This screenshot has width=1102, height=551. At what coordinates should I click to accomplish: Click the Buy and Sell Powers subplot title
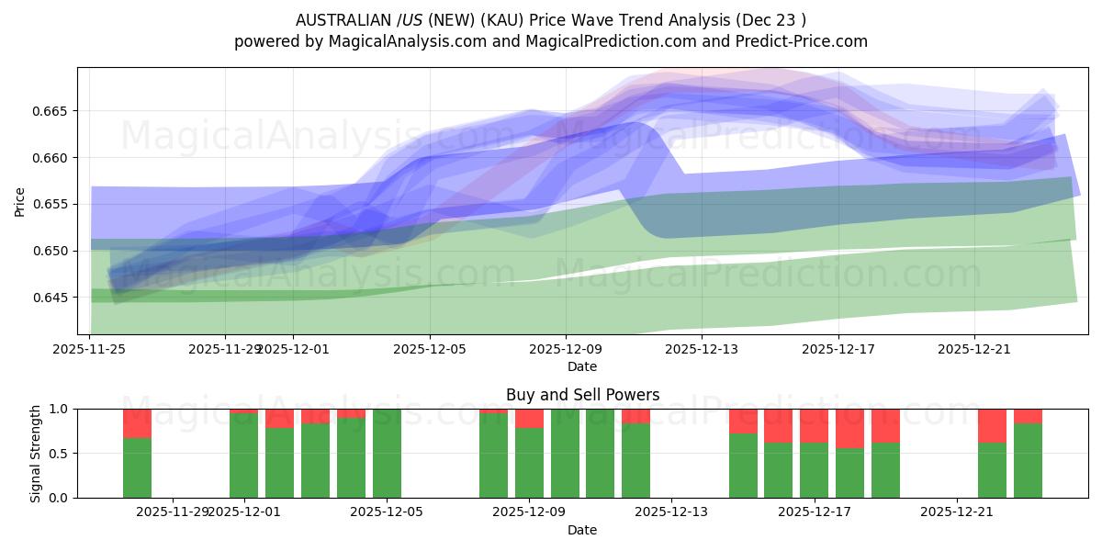(582, 395)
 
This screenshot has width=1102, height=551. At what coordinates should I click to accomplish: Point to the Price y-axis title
(20, 201)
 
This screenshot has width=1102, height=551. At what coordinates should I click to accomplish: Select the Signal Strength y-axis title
(36, 453)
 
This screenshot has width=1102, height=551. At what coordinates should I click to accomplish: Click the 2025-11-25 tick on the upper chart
(89, 349)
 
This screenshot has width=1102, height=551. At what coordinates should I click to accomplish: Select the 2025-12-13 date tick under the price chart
(702, 349)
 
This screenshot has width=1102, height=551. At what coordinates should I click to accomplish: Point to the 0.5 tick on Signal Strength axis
(59, 454)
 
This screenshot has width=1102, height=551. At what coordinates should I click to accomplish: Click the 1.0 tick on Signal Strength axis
(59, 409)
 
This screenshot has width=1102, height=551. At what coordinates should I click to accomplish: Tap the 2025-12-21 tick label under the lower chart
(957, 512)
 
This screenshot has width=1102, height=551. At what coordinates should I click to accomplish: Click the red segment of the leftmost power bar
(137, 423)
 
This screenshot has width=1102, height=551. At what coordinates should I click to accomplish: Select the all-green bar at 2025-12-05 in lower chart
(387, 453)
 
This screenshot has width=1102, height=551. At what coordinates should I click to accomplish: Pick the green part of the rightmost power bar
(1028, 460)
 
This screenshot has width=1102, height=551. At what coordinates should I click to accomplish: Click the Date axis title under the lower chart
(582, 530)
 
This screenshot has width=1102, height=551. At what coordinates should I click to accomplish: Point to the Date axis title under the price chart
(582, 366)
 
